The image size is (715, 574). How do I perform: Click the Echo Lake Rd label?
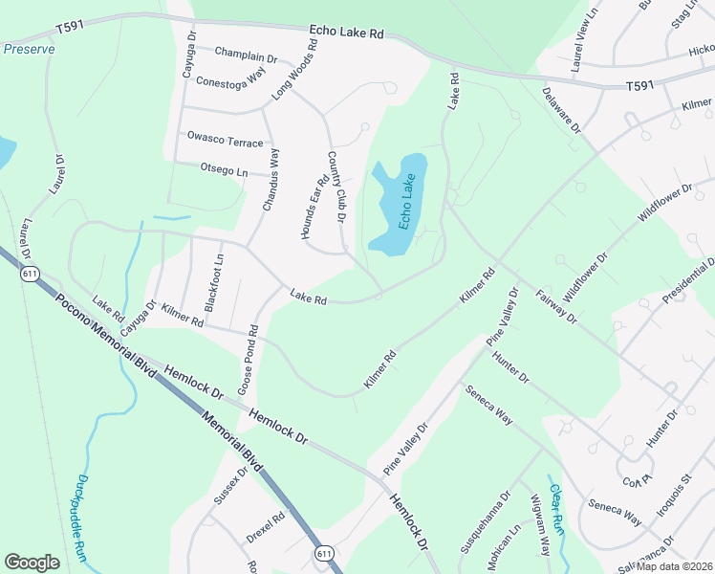tap(346, 33)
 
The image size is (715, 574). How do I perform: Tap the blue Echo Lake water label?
tap(408, 203)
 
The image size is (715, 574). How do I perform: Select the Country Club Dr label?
tap(336, 188)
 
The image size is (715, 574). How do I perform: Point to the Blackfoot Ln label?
tap(213, 283)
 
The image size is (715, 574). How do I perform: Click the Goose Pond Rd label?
tap(249, 362)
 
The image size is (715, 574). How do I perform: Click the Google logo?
tap(32, 563)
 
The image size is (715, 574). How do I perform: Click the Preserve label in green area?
tap(29, 49)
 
